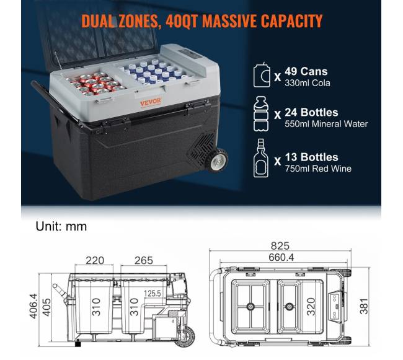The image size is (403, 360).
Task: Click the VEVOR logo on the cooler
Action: [151, 102]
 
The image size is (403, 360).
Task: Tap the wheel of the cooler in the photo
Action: [216, 160]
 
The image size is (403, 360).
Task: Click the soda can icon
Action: [262, 75]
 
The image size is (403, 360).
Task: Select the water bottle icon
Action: [261, 114]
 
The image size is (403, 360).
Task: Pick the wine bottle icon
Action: [261, 158]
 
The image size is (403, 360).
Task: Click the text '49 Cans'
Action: [306, 71]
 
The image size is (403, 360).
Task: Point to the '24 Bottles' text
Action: [311, 113]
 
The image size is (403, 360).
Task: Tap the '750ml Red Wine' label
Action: [318, 169]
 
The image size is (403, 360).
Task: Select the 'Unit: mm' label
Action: [61, 227]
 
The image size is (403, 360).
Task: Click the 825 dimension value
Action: [280, 246]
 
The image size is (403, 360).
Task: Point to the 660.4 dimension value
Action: [281, 257]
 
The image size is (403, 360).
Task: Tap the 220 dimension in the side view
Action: [95, 260]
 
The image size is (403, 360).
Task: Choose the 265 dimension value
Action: [144, 260]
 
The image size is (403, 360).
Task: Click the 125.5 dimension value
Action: [152, 293]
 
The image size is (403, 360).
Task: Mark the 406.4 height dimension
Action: [33, 306]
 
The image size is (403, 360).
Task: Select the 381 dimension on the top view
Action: [364, 306]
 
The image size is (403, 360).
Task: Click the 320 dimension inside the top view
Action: [311, 306]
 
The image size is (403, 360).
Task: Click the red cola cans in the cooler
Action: [95, 84]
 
